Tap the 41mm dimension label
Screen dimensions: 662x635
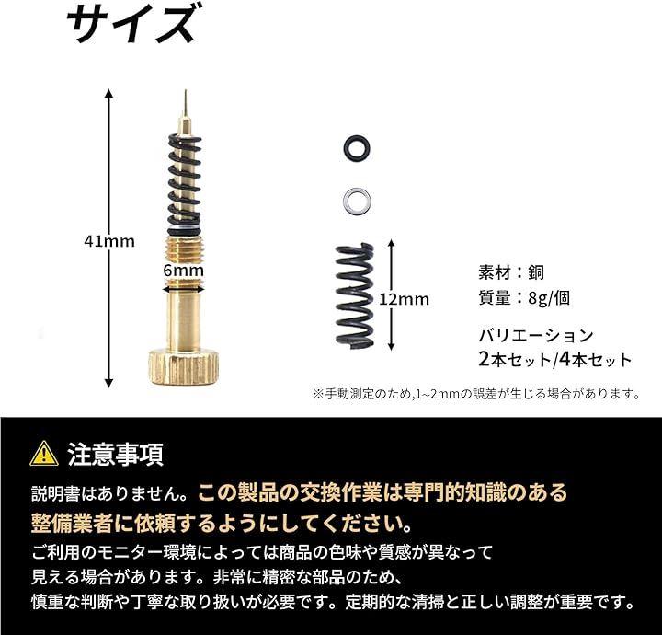point(109,241)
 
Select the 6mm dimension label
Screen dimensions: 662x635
point(183,271)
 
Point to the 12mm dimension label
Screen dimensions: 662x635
point(404,299)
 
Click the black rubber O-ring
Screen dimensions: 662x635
point(348,148)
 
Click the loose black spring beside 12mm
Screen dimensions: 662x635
point(355,296)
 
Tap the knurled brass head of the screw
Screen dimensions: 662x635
point(184,366)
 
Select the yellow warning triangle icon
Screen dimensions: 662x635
point(44,454)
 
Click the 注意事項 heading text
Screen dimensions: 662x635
point(115,455)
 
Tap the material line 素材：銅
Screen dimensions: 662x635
point(511,272)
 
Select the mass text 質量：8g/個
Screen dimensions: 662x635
point(524,298)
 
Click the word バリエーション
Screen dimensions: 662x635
point(536,336)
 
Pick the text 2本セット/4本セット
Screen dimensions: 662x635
point(555,360)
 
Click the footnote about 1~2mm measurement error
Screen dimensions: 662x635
point(476,395)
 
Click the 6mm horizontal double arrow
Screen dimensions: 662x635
point(184,289)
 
